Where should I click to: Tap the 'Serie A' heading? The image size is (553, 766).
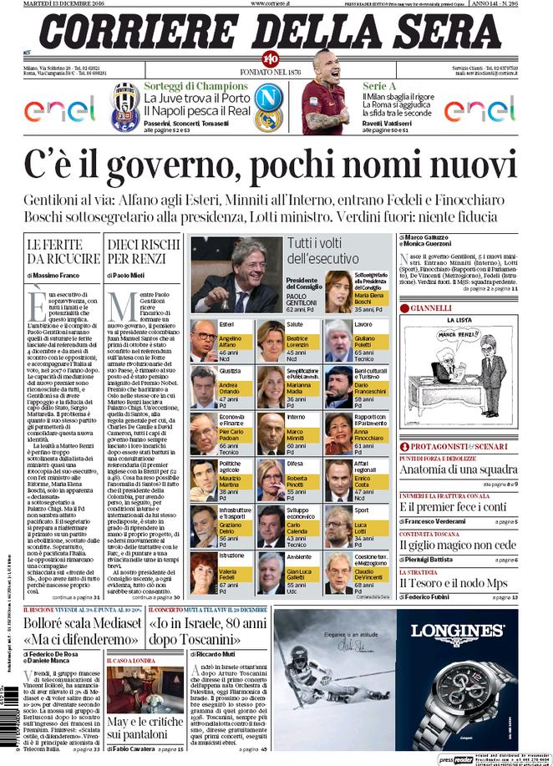pos(378,85)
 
